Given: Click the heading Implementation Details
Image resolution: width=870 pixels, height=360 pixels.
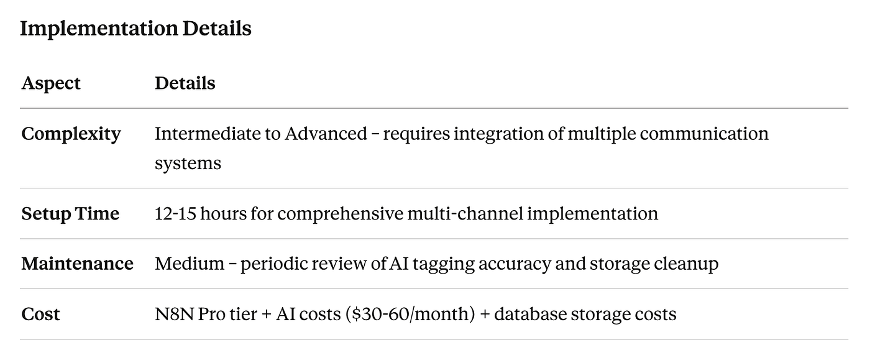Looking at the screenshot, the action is pyautogui.click(x=135, y=29).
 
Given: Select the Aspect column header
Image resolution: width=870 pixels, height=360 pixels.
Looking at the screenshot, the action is pyautogui.click(x=51, y=83).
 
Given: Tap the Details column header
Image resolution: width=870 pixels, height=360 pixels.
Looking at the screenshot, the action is pyautogui.click(x=185, y=83).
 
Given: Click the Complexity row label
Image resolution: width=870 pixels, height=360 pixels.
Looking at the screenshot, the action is pyautogui.click(x=71, y=134).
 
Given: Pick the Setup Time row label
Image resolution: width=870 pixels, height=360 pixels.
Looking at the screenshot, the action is pyautogui.click(x=70, y=214).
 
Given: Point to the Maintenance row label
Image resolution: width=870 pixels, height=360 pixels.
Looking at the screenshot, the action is pyautogui.click(x=77, y=264).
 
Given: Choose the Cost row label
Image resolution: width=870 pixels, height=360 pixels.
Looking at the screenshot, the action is pyautogui.click(x=40, y=314).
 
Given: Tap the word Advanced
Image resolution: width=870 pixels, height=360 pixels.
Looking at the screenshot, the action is pyautogui.click(x=326, y=134).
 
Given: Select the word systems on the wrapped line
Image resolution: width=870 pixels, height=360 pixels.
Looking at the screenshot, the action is pyautogui.click(x=188, y=164).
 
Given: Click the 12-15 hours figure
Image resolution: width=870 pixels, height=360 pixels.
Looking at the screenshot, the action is pyautogui.click(x=200, y=213).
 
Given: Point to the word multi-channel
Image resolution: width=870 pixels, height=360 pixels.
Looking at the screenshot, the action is pyautogui.click(x=465, y=213).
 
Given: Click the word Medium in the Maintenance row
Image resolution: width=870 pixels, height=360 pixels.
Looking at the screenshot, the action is pyautogui.click(x=190, y=264).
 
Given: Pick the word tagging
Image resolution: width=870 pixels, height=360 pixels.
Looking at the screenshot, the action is pyautogui.click(x=443, y=264).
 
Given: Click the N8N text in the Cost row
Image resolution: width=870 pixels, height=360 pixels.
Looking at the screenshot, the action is pyautogui.click(x=174, y=314).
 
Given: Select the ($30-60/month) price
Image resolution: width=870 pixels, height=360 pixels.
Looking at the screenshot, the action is pyautogui.click(x=410, y=314).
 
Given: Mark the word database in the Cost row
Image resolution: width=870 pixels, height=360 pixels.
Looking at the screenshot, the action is pyautogui.click(x=529, y=314).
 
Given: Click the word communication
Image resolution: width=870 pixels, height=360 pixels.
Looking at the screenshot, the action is pyautogui.click(x=703, y=134).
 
